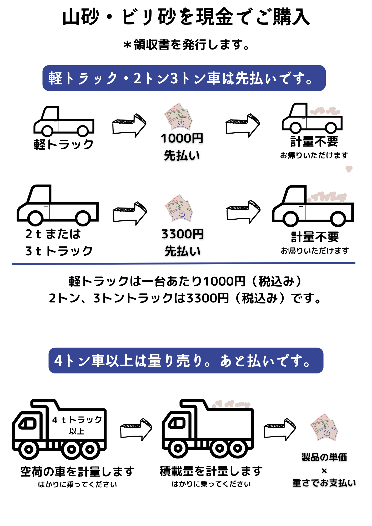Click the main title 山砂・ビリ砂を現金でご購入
[x=186, y=17]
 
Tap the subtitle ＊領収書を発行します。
[x=186, y=44]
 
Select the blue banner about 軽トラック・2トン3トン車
[x=184, y=78]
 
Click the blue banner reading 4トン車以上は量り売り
[x=186, y=360]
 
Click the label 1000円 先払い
[x=182, y=147]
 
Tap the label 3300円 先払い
[x=183, y=242]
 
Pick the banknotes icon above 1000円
[x=178, y=117]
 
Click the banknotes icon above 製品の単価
[x=324, y=427]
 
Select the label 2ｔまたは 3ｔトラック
[x=58, y=242]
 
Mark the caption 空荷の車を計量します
[x=77, y=471]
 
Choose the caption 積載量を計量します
[x=211, y=471]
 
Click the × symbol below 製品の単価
[x=324, y=471]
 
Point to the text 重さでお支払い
[x=324, y=483]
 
